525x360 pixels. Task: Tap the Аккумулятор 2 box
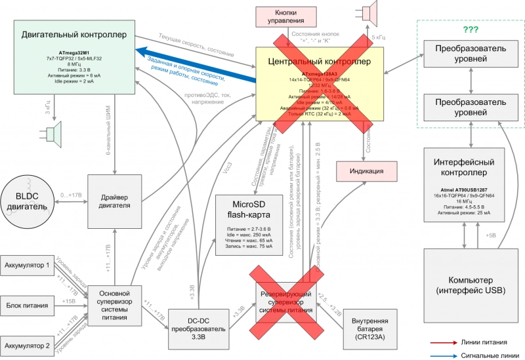click(29, 345)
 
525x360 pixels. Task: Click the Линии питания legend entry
click(471, 342)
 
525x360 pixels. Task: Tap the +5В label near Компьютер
click(490, 234)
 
